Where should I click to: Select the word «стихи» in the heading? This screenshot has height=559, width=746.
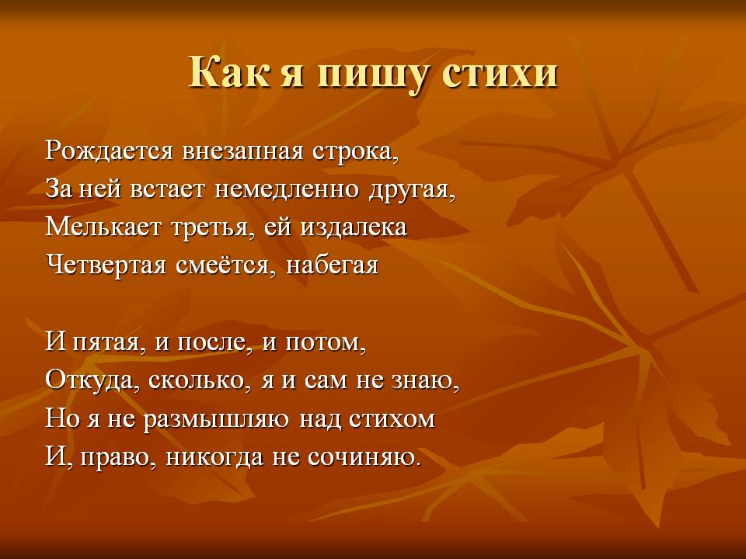[x=500, y=71]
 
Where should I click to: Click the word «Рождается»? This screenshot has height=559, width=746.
[x=109, y=151]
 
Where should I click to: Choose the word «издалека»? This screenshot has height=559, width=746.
[x=354, y=227]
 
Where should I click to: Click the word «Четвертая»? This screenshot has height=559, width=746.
[x=106, y=266]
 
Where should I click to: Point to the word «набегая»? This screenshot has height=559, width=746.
[x=332, y=266]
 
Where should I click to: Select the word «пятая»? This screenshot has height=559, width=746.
[x=106, y=343]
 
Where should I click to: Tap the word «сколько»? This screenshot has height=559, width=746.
[x=196, y=380]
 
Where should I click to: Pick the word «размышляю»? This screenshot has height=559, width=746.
[x=217, y=420]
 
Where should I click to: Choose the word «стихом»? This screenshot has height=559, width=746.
[x=392, y=419]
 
